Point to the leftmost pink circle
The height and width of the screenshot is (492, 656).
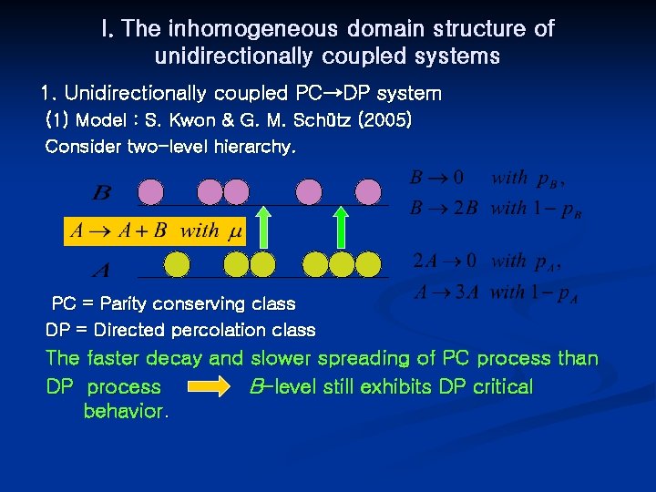pyautogui.click(x=151, y=192)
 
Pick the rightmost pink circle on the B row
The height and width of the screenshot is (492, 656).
pyautogui.click(x=368, y=192)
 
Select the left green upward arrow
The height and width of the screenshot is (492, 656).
pyautogui.click(x=262, y=228)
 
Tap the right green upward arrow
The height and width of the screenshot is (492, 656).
pyautogui.click(x=341, y=228)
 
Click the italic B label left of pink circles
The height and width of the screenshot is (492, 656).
pyautogui.click(x=102, y=193)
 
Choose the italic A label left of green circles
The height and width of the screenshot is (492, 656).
pyautogui.click(x=102, y=271)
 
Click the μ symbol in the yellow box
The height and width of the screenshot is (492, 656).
pyautogui.click(x=235, y=231)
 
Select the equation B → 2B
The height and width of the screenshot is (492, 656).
pyautogui.click(x=443, y=209)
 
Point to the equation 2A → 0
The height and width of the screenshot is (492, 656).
pyautogui.click(x=445, y=261)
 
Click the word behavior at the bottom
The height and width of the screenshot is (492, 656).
pyautogui.click(x=125, y=412)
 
